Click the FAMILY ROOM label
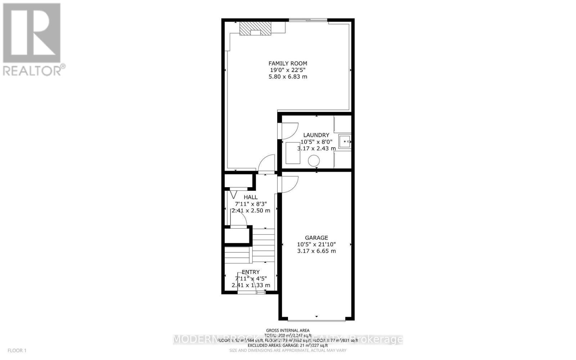[x=288, y=63]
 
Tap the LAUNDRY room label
[x=316, y=135]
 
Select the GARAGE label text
[x=316, y=238]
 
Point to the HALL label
[x=251, y=197]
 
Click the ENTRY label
[x=251, y=272]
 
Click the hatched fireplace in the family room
[x=255, y=28]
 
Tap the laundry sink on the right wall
[x=345, y=141]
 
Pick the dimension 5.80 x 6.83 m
[x=288, y=77]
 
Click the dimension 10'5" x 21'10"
[x=316, y=244]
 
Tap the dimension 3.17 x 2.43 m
[x=316, y=148]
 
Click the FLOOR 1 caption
[x=17, y=350]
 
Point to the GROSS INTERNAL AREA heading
[x=288, y=330]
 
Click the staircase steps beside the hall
[x=263, y=245]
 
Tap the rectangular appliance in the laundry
[x=293, y=153]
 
